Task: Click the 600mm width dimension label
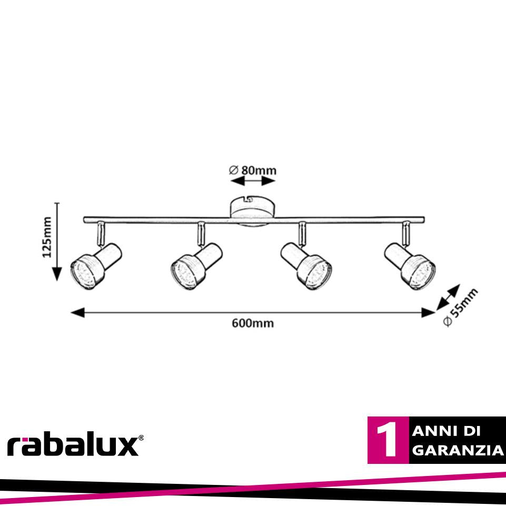pyautogui.click(x=253, y=323)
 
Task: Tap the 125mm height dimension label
pyautogui.click(x=47, y=237)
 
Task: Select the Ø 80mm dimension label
pyautogui.click(x=253, y=170)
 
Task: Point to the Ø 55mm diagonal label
pyautogui.click(x=460, y=307)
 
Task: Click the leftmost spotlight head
pyautogui.click(x=96, y=266)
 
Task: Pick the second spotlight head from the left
pyautogui.click(x=196, y=266)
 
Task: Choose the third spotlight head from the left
pyautogui.click(x=306, y=266)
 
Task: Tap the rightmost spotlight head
pyautogui.click(x=410, y=266)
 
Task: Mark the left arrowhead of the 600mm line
pyautogui.click(x=77, y=312)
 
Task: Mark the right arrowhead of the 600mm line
pyautogui.click(x=428, y=312)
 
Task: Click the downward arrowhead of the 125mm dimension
pyautogui.click(x=57, y=274)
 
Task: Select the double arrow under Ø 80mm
pyautogui.click(x=253, y=181)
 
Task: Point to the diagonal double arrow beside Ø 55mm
pyautogui.click(x=448, y=297)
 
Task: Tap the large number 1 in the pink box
pyautogui.click(x=387, y=440)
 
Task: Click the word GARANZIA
pyautogui.click(x=458, y=450)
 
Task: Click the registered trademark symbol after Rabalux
pyautogui.click(x=141, y=438)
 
